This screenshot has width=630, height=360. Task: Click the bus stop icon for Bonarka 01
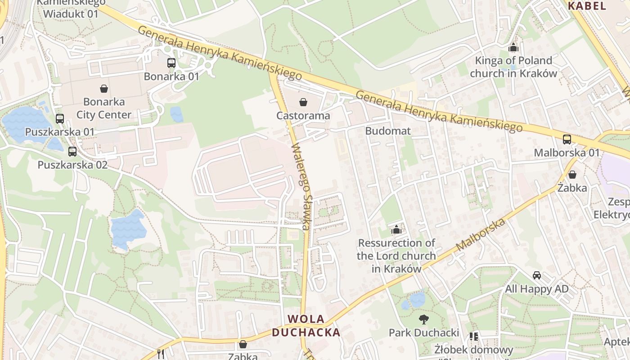pyautogui.click(x=171, y=63)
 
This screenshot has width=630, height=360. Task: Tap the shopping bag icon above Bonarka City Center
pyautogui.click(x=104, y=89)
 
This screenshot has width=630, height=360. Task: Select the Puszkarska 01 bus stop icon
pyautogui.click(x=60, y=119)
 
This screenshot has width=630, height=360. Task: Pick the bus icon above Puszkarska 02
pyautogui.click(x=72, y=152)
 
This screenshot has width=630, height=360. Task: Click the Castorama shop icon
pyautogui.click(x=303, y=102)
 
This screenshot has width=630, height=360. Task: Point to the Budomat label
pyautogui.click(x=388, y=131)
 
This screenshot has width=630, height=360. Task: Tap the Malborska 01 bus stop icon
pyautogui.click(x=567, y=139)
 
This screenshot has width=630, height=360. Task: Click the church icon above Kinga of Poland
pyautogui.click(x=513, y=47)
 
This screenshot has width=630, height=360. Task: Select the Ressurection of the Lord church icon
pyautogui.click(x=396, y=230)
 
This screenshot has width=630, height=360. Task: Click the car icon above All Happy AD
pyautogui.click(x=537, y=275)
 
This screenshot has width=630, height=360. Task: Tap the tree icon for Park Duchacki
pyautogui.click(x=424, y=319)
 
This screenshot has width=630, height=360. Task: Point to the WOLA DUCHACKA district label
pyautogui.click(x=306, y=326)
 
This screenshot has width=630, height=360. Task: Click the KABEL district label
pyautogui.click(x=587, y=6)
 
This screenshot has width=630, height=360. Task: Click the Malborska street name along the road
pyautogui.click(x=481, y=235)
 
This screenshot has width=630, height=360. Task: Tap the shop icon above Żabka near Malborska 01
pyautogui.click(x=572, y=174)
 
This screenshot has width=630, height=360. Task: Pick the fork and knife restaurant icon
pyautogui.click(x=161, y=354)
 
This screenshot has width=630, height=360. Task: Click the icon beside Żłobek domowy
pyautogui.click(x=474, y=336)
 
